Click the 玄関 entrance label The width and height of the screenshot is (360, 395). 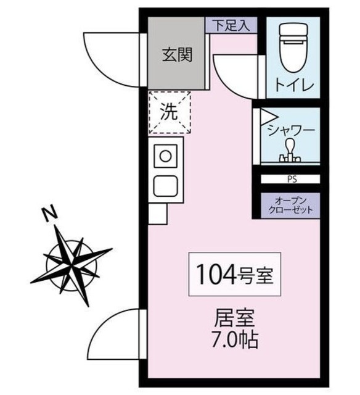(x=176, y=56)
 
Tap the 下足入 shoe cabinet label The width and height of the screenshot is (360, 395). (x=231, y=25)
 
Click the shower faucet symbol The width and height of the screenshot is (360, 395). (x=290, y=151)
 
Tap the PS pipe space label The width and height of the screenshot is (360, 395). (x=290, y=180)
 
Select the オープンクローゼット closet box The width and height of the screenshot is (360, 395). (x=290, y=206)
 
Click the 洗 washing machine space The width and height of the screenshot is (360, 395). (x=170, y=112)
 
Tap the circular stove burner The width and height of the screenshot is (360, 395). (x=165, y=156)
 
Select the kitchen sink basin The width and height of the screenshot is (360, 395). (x=165, y=185)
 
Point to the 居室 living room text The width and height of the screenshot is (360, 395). (x=235, y=320)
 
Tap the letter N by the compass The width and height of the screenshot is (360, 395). (x=50, y=214)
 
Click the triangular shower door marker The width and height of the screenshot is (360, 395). (x=266, y=115)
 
